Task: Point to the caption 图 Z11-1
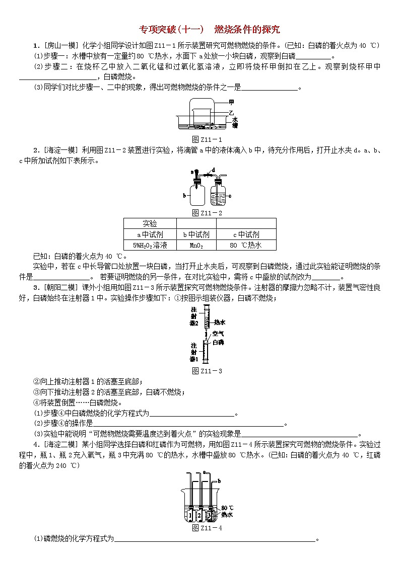click(200, 139)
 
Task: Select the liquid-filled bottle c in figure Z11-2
click(220, 194)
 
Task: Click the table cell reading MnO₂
click(196, 246)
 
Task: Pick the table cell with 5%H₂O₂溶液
click(150, 246)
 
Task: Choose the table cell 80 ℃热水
click(246, 246)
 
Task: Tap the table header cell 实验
click(150, 223)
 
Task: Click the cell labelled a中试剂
click(150, 234)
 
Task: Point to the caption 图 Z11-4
click(200, 528)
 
